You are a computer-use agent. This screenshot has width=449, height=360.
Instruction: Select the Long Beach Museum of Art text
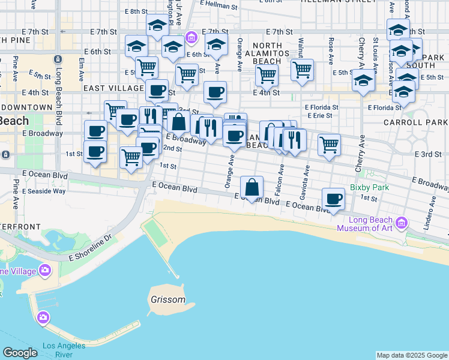click(364, 223)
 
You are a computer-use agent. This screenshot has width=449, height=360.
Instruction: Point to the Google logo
click(20, 353)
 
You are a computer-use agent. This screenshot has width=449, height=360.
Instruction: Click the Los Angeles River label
click(66, 350)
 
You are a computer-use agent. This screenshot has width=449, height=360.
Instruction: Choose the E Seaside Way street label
click(44, 191)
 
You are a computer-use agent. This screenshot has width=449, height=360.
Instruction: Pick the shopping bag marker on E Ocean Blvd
click(253, 187)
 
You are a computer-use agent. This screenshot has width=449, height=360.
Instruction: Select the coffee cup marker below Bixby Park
click(333, 199)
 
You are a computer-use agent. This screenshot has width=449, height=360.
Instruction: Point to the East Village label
click(113, 88)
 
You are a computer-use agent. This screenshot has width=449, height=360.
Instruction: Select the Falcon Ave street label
click(280, 178)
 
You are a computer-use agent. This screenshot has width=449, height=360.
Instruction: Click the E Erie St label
click(320, 115)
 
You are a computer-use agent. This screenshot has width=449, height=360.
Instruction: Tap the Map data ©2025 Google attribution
click(411, 355)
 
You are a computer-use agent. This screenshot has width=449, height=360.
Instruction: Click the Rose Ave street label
click(331, 50)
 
